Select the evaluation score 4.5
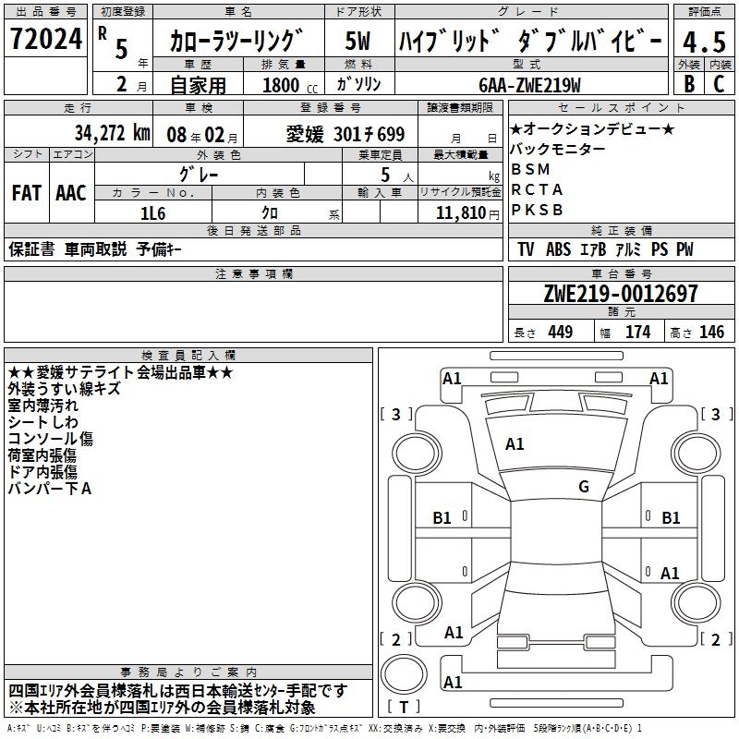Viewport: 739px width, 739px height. coord(702,42)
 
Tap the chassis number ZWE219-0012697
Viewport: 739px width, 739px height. coord(621,294)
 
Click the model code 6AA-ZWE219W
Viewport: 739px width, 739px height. coord(530,85)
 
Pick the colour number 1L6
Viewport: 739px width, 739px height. coord(152,212)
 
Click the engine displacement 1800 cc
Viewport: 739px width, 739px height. coord(282,85)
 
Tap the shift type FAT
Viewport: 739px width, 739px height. coord(27,193)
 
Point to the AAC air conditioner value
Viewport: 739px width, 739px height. coord(71,193)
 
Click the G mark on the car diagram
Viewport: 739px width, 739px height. coord(584,487)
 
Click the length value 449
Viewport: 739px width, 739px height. coord(560,333)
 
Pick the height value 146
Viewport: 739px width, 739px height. coord(711,333)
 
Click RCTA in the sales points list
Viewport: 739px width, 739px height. coord(536,189)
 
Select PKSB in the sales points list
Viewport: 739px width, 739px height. coord(537,210)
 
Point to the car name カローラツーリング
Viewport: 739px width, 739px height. coord(237,42)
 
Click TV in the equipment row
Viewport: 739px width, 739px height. coord(526,249)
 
